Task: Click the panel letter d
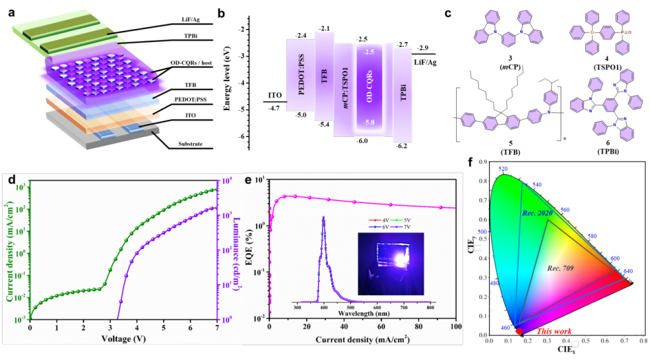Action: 12,181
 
